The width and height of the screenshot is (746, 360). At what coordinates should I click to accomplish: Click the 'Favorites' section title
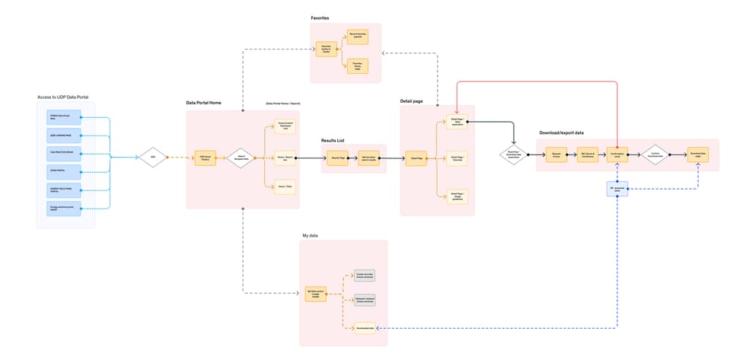(x=320, y=18)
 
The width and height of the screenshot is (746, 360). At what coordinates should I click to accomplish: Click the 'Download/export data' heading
(x=561, y=132)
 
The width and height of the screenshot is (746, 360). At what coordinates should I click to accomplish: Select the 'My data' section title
(x=309, y=236)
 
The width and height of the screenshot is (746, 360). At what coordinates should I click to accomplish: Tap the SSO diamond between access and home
(x=152, y=158)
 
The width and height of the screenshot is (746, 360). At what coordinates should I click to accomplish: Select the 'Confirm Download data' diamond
(x=655, y=155)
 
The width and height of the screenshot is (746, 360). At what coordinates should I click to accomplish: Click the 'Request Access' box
(x=557, y=155)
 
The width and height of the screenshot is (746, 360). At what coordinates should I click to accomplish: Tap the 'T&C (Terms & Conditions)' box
(x=587, y=155)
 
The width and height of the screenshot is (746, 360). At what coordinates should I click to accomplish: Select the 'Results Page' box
(x=339, y=158)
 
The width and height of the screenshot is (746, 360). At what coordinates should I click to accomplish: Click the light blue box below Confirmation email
(x=617, y=187)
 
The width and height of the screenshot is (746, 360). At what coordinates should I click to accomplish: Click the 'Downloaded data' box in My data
(x=365, y=327)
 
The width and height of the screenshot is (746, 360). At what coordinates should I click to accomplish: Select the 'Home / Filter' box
(x=285, y=186)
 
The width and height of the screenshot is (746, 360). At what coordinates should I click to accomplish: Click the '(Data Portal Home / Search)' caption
(x=282, y=104)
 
